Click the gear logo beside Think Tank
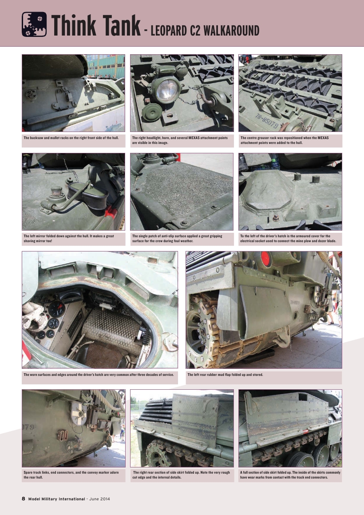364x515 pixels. tap(35, 24)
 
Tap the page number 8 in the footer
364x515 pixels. tap(24, 499)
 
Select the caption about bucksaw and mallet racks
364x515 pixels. tap(71, 138)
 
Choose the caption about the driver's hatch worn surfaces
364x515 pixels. tap(98, 375)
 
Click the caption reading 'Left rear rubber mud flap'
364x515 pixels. tap(225, 375)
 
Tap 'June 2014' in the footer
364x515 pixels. tap(100, 499)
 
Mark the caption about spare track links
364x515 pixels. tap(71, 475)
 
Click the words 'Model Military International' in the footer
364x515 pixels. tap(56, 499)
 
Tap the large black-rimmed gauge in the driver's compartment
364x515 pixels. tap(56, 309)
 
